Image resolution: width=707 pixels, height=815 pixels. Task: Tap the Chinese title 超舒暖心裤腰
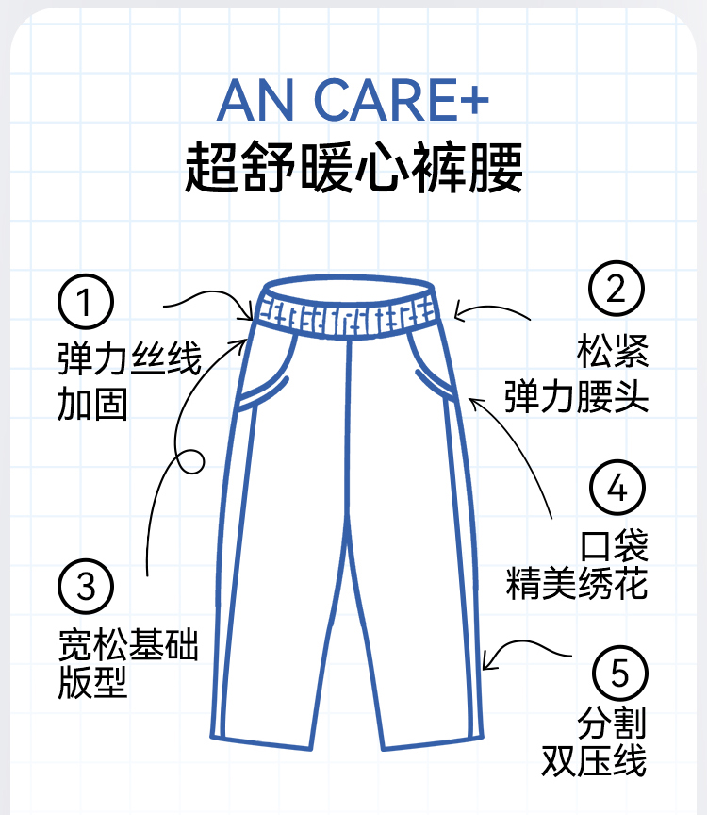tap(353, 168)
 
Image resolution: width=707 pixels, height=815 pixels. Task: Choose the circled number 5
tap(619, 674)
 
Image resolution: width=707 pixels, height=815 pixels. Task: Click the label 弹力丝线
tap(129, 359)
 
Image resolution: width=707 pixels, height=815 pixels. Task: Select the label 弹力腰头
tap(577, 395)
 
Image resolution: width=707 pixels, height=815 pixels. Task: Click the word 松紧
tap(614, 352)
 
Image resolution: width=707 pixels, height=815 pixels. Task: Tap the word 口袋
tap(614, 544)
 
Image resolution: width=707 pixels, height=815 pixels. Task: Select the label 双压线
tap(594, 760)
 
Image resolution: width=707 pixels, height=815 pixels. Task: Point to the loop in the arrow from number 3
tap(191, 462)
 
